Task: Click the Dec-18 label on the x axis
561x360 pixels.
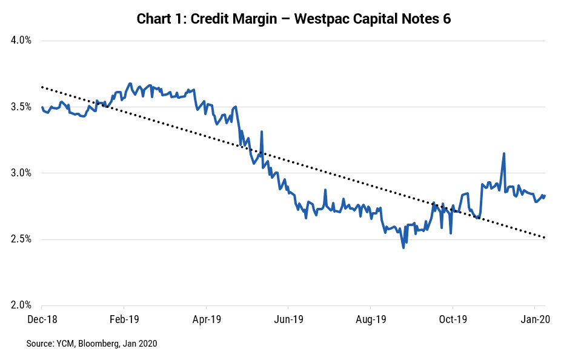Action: [42, 319]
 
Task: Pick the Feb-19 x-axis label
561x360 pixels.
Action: [124, 319]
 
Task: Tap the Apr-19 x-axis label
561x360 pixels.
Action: [206, 319]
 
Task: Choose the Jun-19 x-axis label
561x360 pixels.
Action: [288, 319]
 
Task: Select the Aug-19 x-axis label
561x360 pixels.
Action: [371, 319]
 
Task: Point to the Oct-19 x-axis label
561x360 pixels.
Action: [453, 319]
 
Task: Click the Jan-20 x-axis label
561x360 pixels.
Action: [535, 319]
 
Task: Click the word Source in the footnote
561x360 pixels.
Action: [39, 344]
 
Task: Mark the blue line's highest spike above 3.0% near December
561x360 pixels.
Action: [503, 153]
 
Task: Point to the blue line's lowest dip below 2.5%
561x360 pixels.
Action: [403, 247]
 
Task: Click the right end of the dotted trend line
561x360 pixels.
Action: [545, 238]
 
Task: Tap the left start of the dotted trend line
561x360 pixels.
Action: [42, 87]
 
